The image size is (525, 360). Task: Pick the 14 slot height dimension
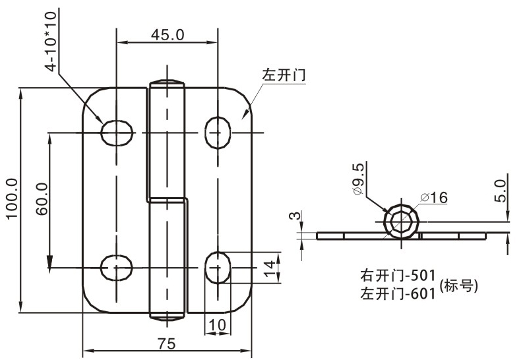click(x=268, y=268)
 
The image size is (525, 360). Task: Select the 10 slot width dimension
click(x=217, y=324)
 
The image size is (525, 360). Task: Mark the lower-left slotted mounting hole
click(x=116, y=268)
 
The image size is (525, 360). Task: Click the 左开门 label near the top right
click(x=284, y=75)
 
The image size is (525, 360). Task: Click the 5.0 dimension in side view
click(x=501, y=191)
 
